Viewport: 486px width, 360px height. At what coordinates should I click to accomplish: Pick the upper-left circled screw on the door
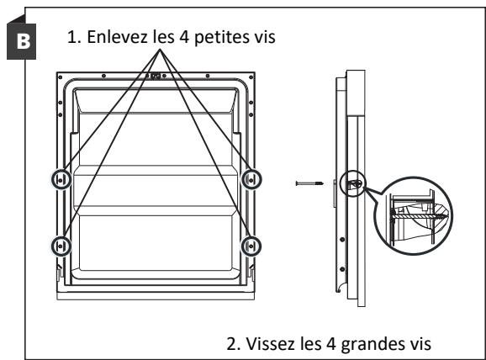click(60, 180)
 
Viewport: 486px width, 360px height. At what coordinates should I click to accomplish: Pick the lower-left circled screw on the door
click(60, 245)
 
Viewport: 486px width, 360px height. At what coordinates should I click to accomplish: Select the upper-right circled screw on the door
click(250, 180)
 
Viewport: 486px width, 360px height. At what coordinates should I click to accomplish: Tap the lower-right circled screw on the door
click(250, 245)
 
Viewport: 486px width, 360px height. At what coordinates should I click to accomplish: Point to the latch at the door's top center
click(155, 77)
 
